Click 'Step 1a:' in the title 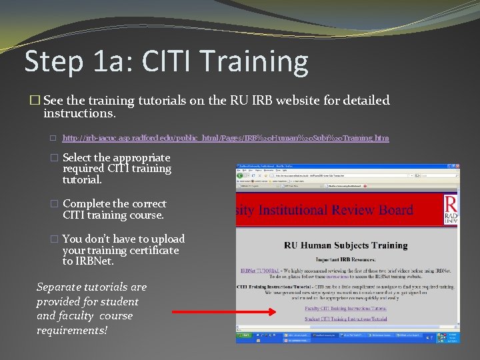coord(73,61)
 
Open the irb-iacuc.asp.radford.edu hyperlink coord(225,138)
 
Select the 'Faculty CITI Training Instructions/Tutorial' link coord(345,309)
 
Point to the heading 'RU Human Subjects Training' coord(345,245)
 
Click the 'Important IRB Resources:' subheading coord(345,260)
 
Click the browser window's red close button coord(456,167)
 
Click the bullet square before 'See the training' coord(35,101)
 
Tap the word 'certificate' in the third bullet coord(149,250)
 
